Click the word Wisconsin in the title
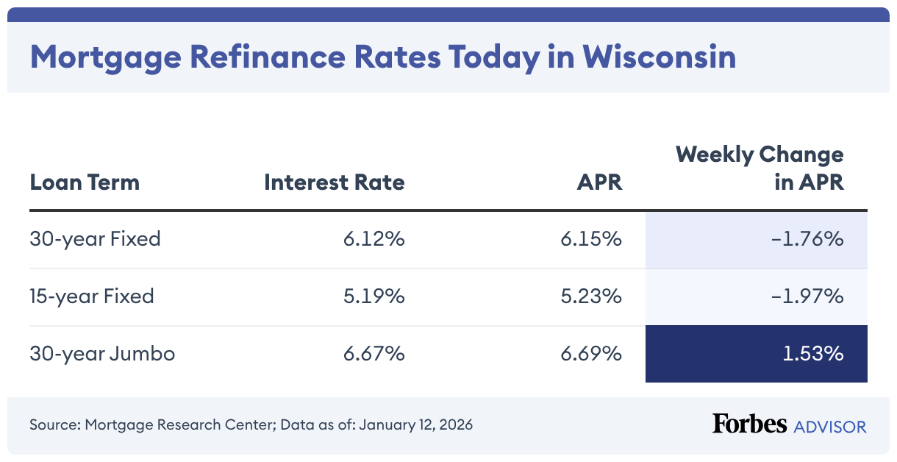coord(660,57)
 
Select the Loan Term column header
coord(85,182)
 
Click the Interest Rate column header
coord(334,182)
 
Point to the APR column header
coord(599,182)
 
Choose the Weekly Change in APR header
coord(760,168)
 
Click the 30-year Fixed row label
coord(95,239)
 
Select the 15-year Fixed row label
coord(92,296)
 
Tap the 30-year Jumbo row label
coord(102,354)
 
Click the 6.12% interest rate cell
coord(374,239)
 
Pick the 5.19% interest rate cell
coord(374,296)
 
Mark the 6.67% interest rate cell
coord(374,354)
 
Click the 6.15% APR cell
coord(591,239)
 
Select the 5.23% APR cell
coord(591,296)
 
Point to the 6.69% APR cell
coord(591,354)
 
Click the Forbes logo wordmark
coord(748,424)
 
